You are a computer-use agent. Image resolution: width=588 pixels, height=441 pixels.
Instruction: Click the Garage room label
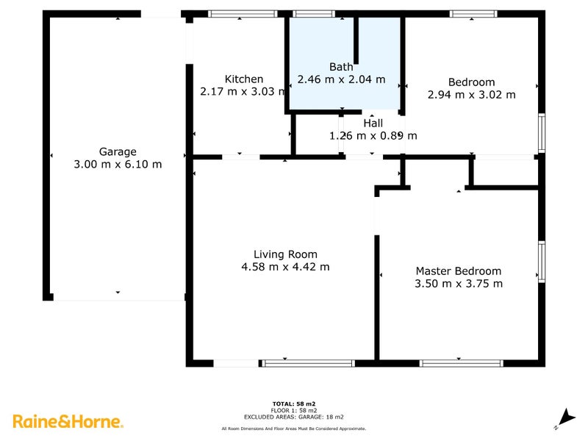118,152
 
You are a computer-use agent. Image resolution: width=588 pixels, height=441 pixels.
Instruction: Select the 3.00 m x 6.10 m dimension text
118,165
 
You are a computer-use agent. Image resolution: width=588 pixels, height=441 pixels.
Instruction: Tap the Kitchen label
244,79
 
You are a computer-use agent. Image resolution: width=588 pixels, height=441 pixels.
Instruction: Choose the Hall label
373,123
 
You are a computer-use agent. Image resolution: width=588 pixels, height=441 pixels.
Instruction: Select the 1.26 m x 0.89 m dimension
373,135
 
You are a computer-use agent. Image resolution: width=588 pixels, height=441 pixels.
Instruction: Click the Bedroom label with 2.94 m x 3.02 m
471,82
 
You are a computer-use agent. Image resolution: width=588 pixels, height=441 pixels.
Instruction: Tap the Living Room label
286,254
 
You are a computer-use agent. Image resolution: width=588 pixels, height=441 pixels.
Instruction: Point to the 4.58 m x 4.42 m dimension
286,267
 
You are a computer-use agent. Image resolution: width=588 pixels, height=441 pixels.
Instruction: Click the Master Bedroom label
458,270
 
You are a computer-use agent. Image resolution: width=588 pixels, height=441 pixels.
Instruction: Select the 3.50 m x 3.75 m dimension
458,283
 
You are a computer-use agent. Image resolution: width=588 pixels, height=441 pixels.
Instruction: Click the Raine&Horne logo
68,421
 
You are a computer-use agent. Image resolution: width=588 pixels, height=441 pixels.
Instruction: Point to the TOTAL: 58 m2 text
294,404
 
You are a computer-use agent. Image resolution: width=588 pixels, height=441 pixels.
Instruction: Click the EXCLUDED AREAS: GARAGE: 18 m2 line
294,416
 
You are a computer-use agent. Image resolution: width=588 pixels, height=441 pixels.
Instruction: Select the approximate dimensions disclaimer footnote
294,429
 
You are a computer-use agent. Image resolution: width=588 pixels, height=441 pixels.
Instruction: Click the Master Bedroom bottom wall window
461,362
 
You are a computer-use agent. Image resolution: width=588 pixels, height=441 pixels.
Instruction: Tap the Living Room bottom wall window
309,362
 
